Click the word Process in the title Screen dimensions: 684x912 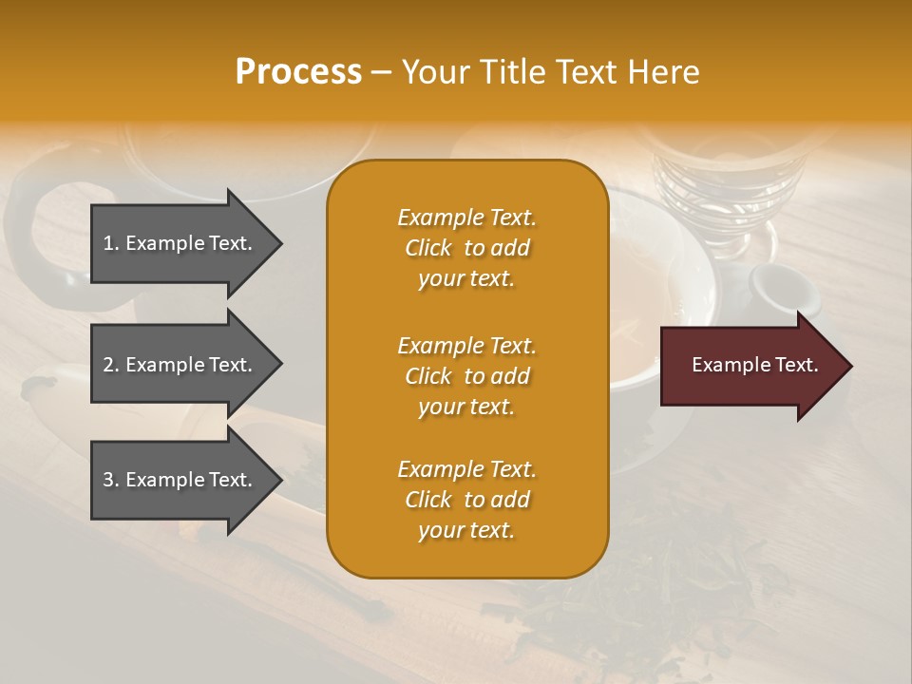pyautogui.click(x=298, y=72)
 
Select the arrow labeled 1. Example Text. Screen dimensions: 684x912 pyautogui.click(x=180, y=243)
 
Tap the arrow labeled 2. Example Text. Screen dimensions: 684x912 pyautogui.click(x=180, y=365)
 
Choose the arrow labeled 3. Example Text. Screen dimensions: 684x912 pyautogui.click(x=180, y=480)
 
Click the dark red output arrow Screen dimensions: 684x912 pyautogui.click(x=750, y=366)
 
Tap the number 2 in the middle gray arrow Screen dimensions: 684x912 pyautogui.click(x=108, y=365)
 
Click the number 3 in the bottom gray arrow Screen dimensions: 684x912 pyautogui.click(x=108, y=480)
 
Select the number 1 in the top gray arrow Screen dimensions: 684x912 pyautogui.click(x=107, y=243)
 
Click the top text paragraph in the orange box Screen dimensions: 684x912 pyautogui.click(x=466, y=248)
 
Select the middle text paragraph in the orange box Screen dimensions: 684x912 pyautogui.click(x=466, y=376)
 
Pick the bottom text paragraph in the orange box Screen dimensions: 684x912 pyautogui.click(x=466, y=500)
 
